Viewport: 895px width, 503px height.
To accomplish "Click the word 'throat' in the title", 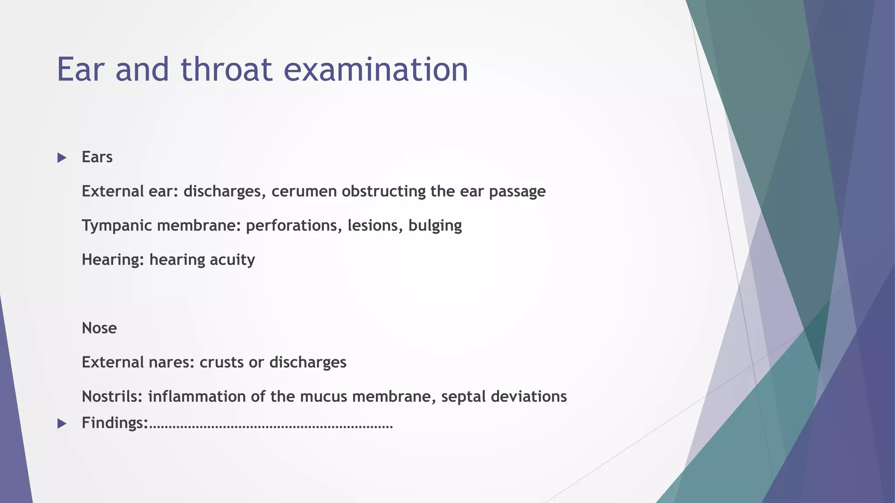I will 226,69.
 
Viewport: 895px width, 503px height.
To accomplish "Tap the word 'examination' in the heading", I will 376,69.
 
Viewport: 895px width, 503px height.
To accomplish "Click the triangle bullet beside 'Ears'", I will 62,158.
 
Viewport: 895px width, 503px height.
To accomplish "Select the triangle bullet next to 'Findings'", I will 62,423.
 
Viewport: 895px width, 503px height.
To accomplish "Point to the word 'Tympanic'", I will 117,226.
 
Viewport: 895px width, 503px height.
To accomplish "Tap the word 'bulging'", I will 435,226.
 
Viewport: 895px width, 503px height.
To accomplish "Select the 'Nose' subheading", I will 99,328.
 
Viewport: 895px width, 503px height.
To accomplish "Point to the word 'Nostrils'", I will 112,396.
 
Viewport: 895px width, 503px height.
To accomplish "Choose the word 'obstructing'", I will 383,191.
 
